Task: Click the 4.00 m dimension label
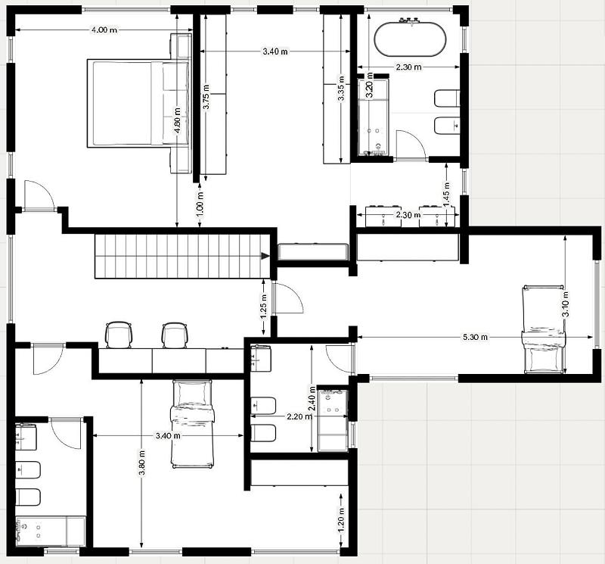[x=104, y=30]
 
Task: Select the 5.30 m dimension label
[x=475, y=336]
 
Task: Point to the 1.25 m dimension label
[x=263, y=305]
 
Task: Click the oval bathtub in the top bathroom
[x=409, y=39]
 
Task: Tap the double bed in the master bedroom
[x=138, y=103]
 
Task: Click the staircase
[x=181, y=256]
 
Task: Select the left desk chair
[x=119, y=335]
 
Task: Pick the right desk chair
[x=174, y=335]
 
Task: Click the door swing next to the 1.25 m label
[x=287, y=298]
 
